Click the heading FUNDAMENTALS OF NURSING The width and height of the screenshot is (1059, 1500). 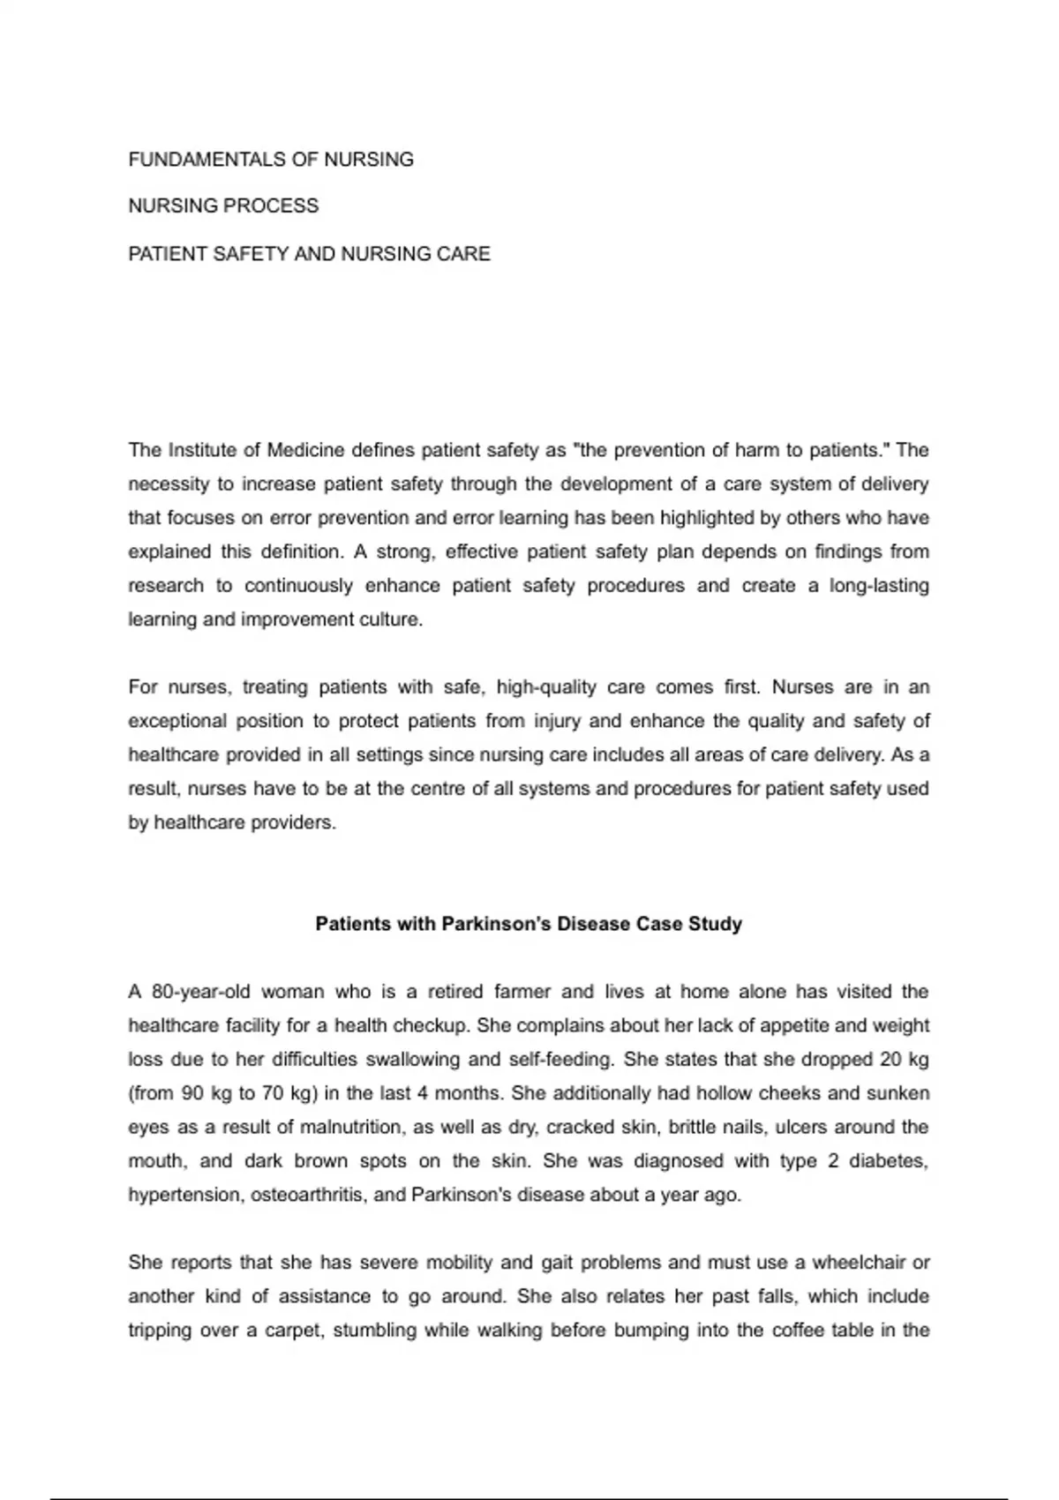click(271, 160)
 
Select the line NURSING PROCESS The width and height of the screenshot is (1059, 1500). click(223, 206)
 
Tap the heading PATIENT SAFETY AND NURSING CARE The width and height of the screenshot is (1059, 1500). click(309, 254)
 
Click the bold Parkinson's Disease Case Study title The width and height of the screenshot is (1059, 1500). click(529, 924)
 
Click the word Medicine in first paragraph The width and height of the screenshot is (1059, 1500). click(304, 450)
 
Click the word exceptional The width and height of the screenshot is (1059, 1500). click(176, 721)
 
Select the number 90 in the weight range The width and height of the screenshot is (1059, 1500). click(192, 1093)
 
